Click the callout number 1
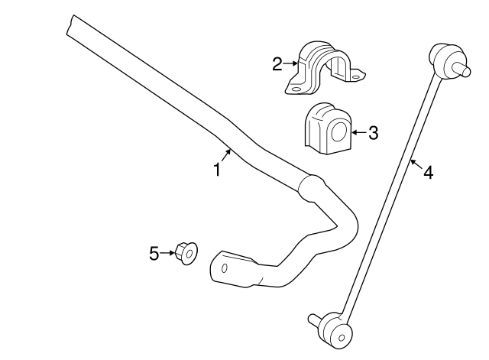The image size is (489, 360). click(x=217, y=170)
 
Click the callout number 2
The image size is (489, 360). click(x=277, y=64)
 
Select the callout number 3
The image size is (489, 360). click(x=373, y=133)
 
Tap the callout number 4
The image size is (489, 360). click(x=428, y=174)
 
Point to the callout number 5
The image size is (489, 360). click(x=154, y=252)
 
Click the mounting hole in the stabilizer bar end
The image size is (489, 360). click(x=225, y=268)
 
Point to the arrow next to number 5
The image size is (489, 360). click(x=167, y=252)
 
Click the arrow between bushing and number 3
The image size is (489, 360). click(x=357, y=133)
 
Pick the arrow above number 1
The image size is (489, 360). click(x=224, y=156)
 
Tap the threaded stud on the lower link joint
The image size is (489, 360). click(x=313, y=318)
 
